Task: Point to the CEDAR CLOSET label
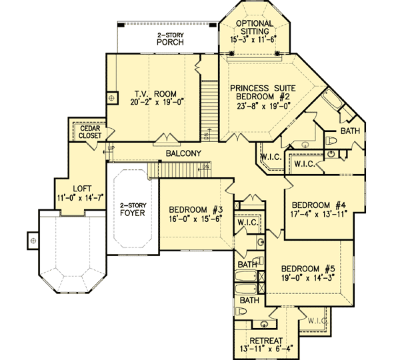(90, 131)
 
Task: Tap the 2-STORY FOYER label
(132, 211)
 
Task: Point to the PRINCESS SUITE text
(259, 87)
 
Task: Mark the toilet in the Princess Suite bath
(331, 141)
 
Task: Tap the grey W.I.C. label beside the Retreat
(318, 321)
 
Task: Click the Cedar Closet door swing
(106, 148)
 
